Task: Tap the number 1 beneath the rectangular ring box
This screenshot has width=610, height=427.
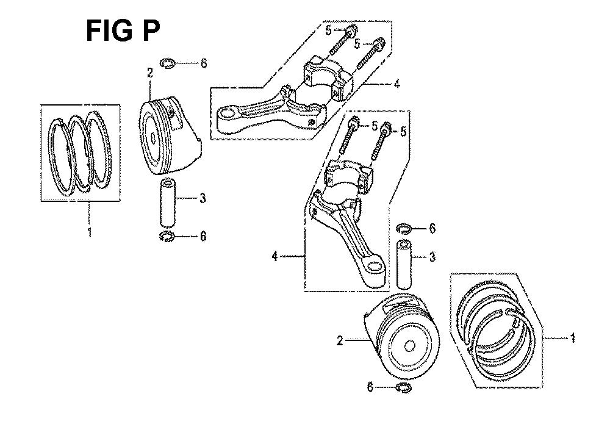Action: pos(90,232)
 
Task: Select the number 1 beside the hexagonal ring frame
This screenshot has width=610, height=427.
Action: pos(572,337)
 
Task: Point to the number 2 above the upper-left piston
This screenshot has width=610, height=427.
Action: pos(150,73)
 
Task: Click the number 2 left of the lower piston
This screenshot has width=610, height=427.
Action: pos(340,341)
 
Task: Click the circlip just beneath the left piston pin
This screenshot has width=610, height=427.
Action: pos(167,235)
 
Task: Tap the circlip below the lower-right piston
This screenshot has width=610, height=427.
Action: pos(403,388)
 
